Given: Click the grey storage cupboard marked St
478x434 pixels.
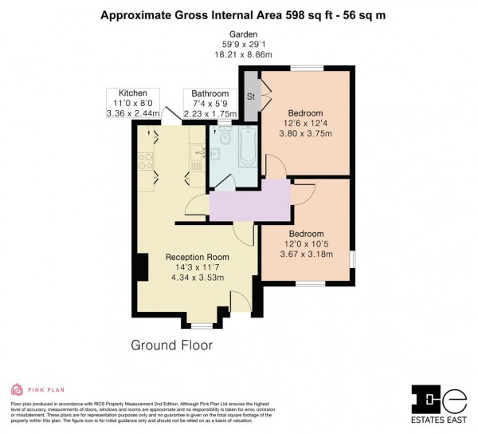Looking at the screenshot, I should click(x=251, y=97).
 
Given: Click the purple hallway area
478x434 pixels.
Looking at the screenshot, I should click(x=249, y=200).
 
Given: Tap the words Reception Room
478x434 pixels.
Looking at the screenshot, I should click(x=197, y=257).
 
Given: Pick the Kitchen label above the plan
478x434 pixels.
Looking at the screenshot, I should click(x=133, y=93).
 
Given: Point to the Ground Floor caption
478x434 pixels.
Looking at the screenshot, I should click(x=171, y=345).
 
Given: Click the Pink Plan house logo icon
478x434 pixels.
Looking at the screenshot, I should click(x=16, y=389).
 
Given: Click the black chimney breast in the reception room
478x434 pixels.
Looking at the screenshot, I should click(x=141, y=266).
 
